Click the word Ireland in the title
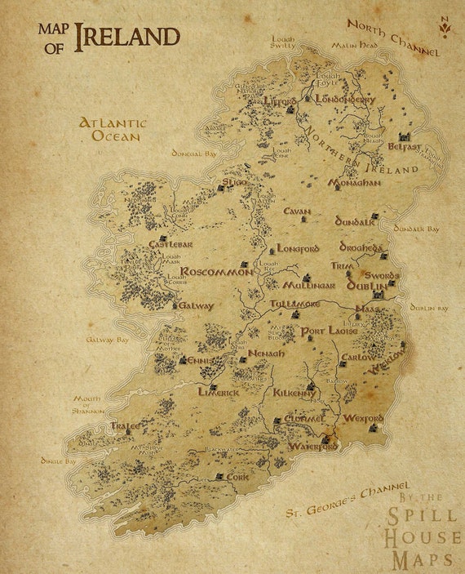tap(126, 37)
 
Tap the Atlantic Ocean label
tap(113, 130)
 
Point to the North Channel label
tap(393, 38)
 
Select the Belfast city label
tap(405, 148)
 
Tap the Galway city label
tap(196, 306)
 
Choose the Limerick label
tap(219, 392)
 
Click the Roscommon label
tap(216, 272)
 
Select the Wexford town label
tap(362, 417)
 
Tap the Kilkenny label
tap(294, 393)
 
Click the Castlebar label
tap(170, 244)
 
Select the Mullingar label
tap(309, 286)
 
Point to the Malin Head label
tap(351, 46)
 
